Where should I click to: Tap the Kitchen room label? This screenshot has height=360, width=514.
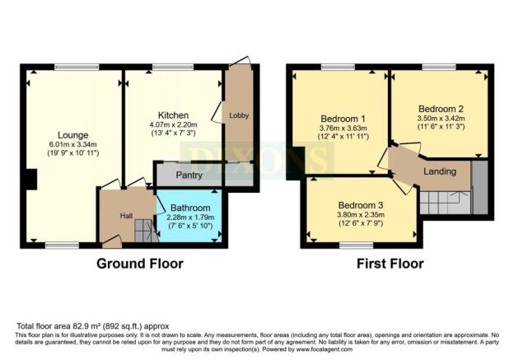pyautogui.click(x=175, y=115)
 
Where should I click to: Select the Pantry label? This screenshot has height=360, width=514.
pyautogui.click(x=189, y=175)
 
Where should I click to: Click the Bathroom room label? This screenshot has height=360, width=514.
pyautogui.click(x=189, y=208)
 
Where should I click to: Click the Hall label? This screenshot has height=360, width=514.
pyautogui.click(x=126, y=215)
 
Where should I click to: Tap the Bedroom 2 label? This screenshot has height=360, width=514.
pyautogui.click(x=441, y=109)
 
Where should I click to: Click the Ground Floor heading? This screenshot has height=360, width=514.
pyautogui.click(x=140, y=264)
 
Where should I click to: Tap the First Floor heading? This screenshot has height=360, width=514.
pyautogui.click(x=390, y=264)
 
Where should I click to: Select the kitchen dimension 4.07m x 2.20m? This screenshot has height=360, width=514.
pyautogui.click(x=175, y=125)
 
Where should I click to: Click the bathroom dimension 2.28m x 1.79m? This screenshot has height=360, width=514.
pyautogui.click(x=189, y=218)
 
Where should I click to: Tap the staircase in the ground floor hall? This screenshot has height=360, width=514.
pyautogui.click(x=145, y=231)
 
